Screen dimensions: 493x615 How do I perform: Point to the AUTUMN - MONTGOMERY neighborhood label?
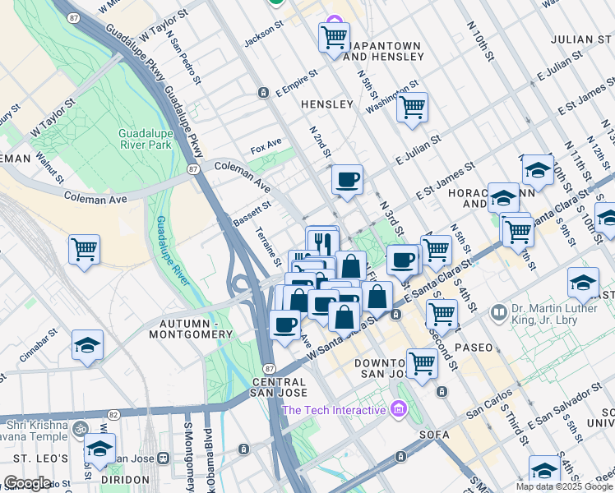[191, 329]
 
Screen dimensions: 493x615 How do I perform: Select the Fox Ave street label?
[266, 150]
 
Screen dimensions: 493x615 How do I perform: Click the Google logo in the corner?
[26, 483]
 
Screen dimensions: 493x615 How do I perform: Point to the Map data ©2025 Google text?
[564, 486]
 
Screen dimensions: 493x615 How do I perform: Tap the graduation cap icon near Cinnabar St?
[87, 347]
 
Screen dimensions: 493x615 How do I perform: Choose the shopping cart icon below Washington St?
[412, 108]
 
